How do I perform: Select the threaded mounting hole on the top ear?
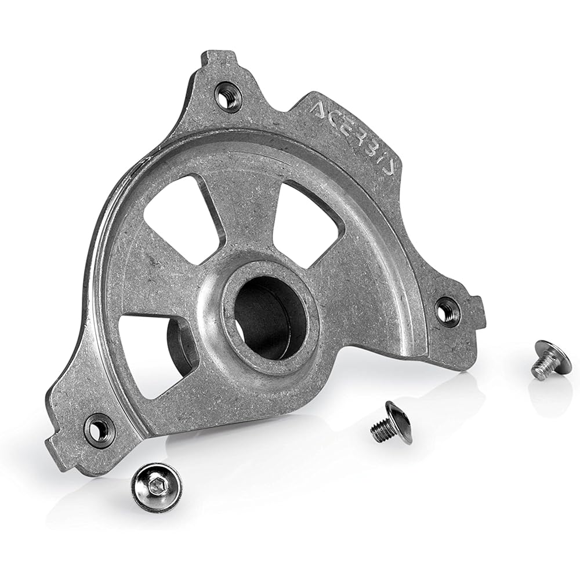(x=228, y=96)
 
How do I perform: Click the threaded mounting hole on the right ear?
(x=447, y=312)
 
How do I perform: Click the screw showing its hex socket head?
(x=156, y=487)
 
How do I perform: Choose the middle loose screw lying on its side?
(x=391, y=423)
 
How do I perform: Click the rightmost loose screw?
(x=551, y=360)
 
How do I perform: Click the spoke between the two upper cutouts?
(x=244, y=209)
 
